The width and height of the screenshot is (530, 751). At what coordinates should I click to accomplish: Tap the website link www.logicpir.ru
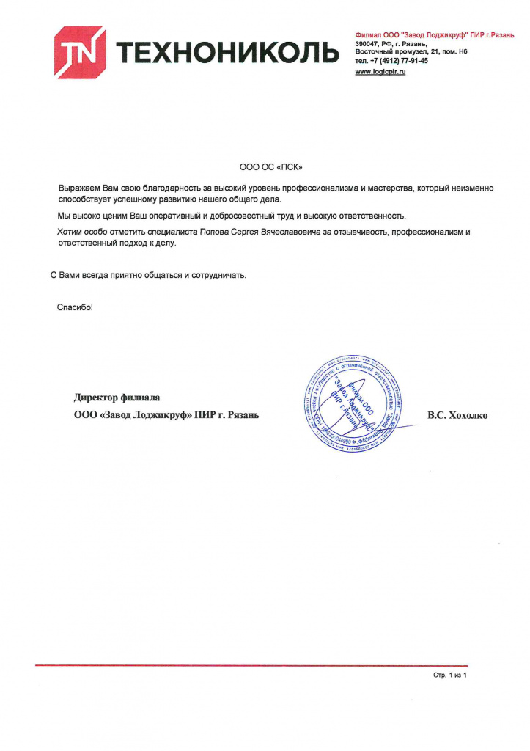pos(380,70)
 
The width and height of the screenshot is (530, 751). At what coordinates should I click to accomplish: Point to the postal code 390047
pos(368,44)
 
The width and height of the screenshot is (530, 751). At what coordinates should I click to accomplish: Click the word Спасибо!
pos(75,307)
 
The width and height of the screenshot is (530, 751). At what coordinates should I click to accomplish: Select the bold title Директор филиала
pos(117,398)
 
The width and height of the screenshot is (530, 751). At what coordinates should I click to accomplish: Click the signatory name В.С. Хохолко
pos(457,415)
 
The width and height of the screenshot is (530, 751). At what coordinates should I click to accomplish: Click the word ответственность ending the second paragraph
pos(366,216)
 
